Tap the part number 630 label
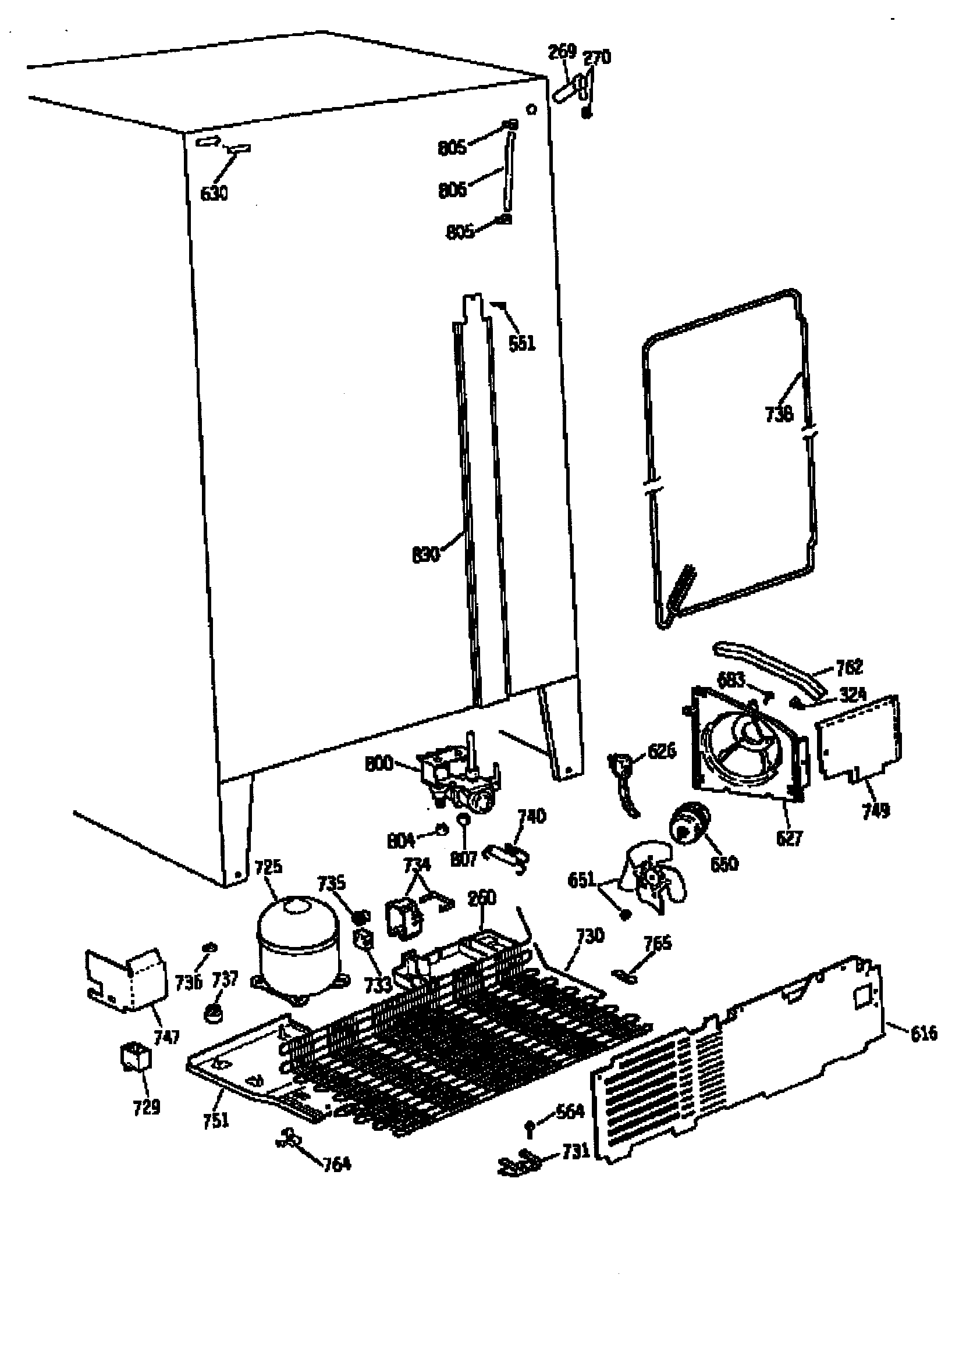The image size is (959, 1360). pyautogui.click(x=214, y=194)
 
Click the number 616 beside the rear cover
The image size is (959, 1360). pyautogui.click(x=923, y=1034)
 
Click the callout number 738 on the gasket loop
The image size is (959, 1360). pyautogui.click(x=779, y=414)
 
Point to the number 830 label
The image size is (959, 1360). pyautogui.click(x=425, y=555)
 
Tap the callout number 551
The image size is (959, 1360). pyautogui.click(x=521, y=343)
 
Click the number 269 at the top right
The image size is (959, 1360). pyautogui.click(x=562, y=52)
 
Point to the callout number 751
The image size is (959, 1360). pyautogui.click(x=216, y=1120)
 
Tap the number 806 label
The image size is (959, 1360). pyautogui.click(x=452, y=190)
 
